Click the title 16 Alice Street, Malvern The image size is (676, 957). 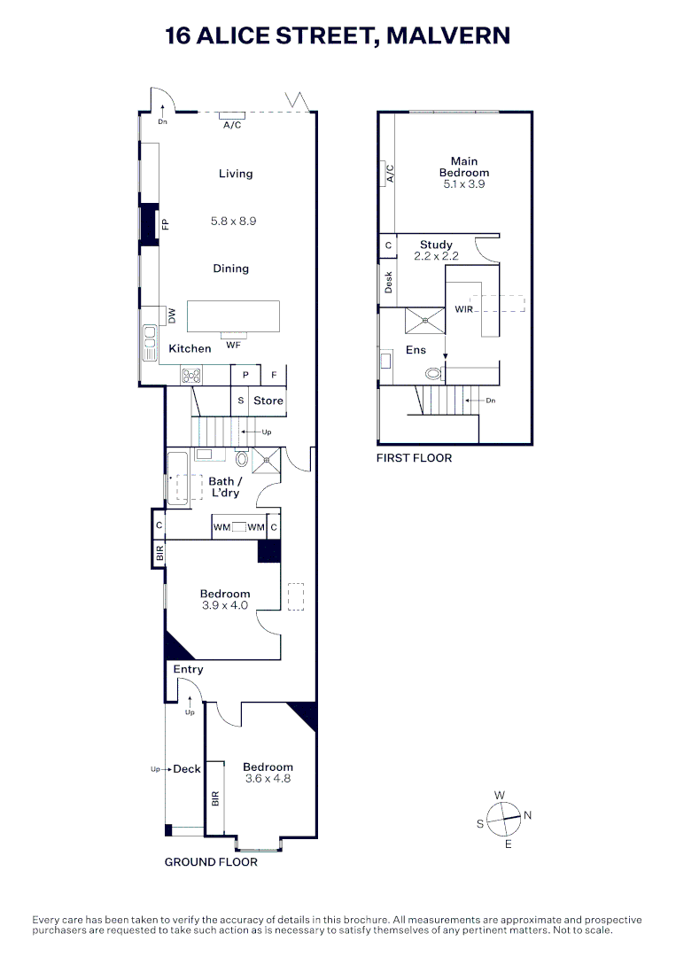click(x=338, y=36)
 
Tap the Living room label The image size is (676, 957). click(x=236, y=174)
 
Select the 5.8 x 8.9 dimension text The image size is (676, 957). click(x=233, y=221)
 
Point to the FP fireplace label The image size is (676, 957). click(x=165, y=224)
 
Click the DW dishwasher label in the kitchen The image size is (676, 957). click(x=172, y=315)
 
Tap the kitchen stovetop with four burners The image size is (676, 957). click(x=191, y=375)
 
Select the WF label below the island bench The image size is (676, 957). click(x=233, y=345)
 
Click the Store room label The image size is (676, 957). click(x=268, y=401)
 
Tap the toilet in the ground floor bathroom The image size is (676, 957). click(x=242, y=459)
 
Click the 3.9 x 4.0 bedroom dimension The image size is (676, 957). click(x=225, y=605)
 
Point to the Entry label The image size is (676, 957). click(x=188, y=669)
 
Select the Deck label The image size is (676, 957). click(x=187, y=769)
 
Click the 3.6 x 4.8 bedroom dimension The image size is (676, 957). click(x=268, y=779)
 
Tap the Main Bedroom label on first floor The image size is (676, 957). click(x=464, y=167)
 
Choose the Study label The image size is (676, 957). click(x=436, y=245)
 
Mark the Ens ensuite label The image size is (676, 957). click(x=416, y=350)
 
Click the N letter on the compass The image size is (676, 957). click(x=527, y=815)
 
